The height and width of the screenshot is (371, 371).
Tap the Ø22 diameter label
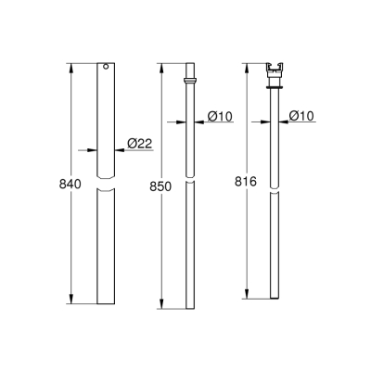(138, 143)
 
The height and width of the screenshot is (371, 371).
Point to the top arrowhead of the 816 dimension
(247, 68)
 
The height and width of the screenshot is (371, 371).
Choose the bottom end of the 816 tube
(275, 297)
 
